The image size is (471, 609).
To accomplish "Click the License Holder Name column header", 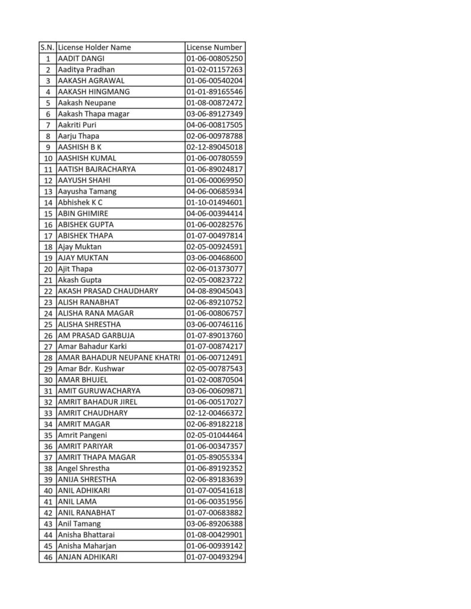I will coord(95,48).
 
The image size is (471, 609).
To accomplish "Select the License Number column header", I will coord(214,48).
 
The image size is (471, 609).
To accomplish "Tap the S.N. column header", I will coord(47,48).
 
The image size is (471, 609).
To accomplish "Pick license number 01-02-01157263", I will coord(214,70).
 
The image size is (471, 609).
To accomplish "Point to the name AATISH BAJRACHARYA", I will coord(96,169).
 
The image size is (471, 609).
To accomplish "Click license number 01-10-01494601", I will coord(214,202).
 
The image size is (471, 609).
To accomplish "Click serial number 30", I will coord(48,379).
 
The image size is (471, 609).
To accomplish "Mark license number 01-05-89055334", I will coord(214,457).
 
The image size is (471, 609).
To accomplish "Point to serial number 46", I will coord(48,557).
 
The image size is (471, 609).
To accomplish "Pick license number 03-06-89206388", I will coord(214,524).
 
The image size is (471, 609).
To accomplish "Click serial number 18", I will coord(48,247).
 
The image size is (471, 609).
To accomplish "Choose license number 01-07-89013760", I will coord(214,335).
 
